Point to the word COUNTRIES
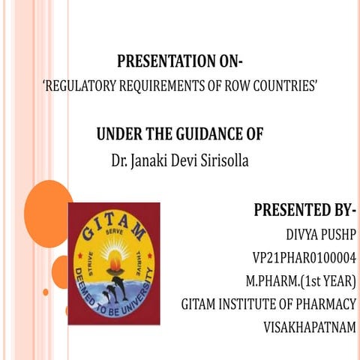pos(284,85)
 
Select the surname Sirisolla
pos(223,160)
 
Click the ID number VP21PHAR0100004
pos(304,259)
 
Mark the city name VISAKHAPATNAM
pos(309,327)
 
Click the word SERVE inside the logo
pos(115,230)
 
